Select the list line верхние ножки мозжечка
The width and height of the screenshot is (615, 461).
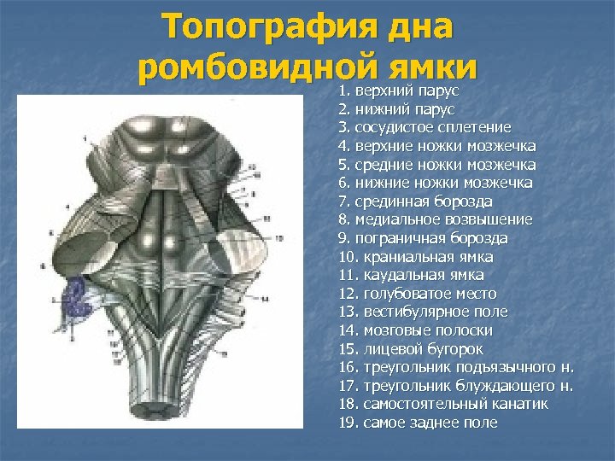(x=437, y=146)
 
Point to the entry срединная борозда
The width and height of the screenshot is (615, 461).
(x=415, y=201)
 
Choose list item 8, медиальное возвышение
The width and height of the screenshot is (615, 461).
(x=436, y=219)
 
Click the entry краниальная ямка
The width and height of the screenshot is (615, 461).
(x=416, y=256)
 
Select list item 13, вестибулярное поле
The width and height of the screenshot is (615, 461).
(x=423, y=312)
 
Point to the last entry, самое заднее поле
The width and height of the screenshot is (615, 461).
(x=419, y=423)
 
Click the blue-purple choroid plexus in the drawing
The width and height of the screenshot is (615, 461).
(x=81, y=295)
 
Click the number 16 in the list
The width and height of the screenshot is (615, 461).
(x=348, y=367)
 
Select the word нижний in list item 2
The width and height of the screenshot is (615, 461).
(x=378, y=109)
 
